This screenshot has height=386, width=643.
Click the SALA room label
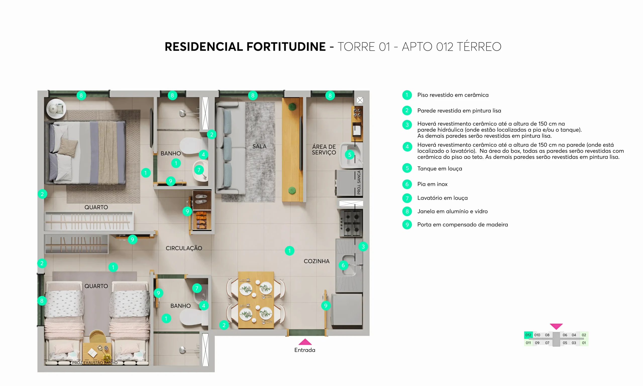[259, 146]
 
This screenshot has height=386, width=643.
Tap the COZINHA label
[316, 261]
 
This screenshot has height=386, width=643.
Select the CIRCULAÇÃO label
[184, 248]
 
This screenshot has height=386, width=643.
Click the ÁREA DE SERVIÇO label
[324, 150]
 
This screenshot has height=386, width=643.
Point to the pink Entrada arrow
[305, 342]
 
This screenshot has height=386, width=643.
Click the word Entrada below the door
[305, 350]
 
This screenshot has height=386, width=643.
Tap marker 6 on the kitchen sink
[343, 265]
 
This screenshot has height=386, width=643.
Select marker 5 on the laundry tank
[350, 155]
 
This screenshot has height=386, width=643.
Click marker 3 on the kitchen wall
[363, 247]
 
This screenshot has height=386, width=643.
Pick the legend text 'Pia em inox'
[432, 184]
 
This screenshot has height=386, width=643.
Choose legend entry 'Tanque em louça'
[440, 169]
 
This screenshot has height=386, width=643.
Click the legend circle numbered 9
[407, 224]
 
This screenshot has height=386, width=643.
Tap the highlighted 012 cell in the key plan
[528, 335]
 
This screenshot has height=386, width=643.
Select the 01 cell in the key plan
[584, 343]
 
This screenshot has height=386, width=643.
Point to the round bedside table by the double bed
[56, 109]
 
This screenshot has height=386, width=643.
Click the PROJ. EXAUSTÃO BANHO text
[95, 363]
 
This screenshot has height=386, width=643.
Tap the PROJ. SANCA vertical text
[359, 182]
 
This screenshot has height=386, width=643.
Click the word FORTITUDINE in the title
[286, 47]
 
